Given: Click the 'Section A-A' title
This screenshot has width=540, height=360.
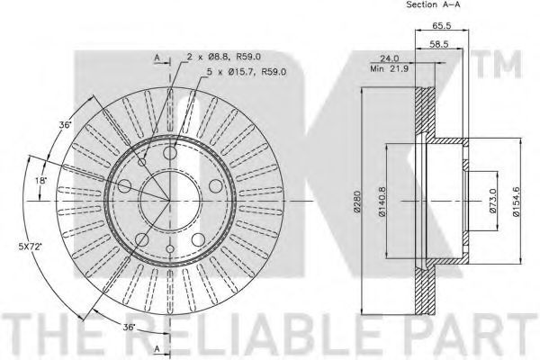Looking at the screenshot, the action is pyautogui.click(x=433, y=4).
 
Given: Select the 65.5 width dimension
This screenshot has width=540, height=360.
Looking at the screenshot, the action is pyautogui.click(x=442, y=25).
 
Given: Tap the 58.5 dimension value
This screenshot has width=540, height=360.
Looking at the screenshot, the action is pyautogui.click(x=438, y=44).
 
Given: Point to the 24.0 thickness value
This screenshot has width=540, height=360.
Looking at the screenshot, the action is pyautogui.click(x=390, y=58).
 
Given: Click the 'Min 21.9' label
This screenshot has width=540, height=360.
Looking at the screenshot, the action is pyautogui.click(x=389, y=68).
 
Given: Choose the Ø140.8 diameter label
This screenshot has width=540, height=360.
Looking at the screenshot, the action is pyautogui.click(x=382, y=202).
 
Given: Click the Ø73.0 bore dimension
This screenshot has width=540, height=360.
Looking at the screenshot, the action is pyautogui.click(x=493, y=201).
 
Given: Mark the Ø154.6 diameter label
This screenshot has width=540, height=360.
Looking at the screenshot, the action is pyautogui.click(x=517, y=202).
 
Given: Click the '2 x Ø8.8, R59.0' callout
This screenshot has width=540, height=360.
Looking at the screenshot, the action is pyautogui.click(x=223, y=57).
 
